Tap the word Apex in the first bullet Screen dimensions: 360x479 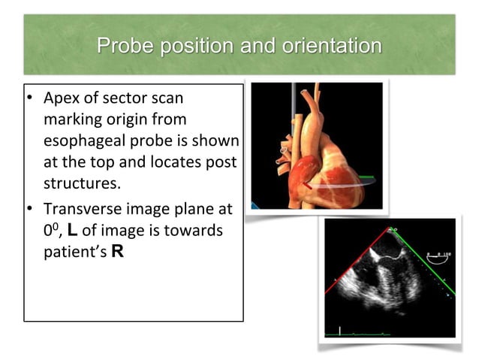click(x=62, y=98)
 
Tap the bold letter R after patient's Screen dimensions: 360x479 click(x=117, y=251)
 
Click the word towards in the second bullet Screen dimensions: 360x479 click(x=200, y=230)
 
